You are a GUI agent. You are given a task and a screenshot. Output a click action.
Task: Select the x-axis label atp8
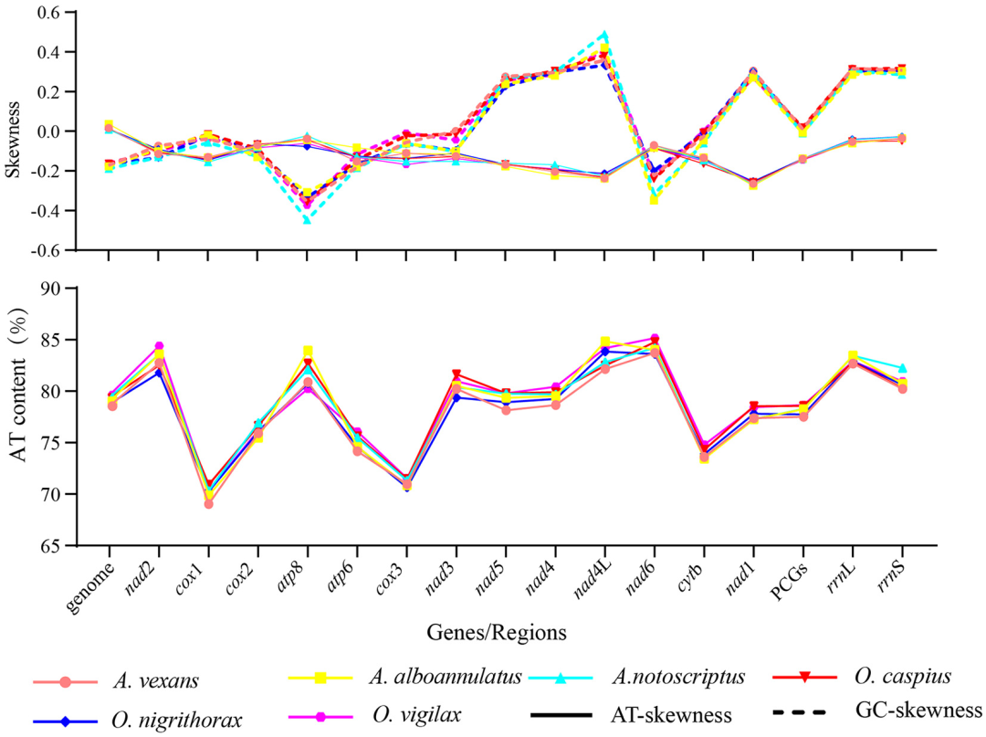293,574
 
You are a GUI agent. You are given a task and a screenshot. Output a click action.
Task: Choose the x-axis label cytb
691,574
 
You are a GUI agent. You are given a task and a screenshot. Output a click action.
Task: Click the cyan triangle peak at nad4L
604,36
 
